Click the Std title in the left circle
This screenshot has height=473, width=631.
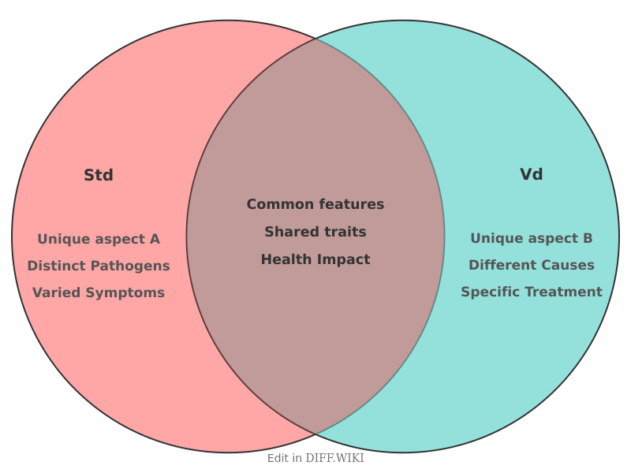click(x=99, y=175)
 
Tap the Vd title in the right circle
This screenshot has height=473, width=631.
click(x=531, y=174)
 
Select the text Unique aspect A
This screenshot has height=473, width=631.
click(x=99, y=239)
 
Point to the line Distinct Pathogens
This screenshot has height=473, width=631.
click(x=99, y=266)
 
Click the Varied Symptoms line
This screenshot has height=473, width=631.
click(x=99, y=292)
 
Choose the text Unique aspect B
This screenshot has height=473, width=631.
click(x=531, y=238)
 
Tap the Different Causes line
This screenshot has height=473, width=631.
click(x=531, y=265)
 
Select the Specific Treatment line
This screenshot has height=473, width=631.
click(x=531, y=292)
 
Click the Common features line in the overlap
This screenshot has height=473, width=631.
click(x=315, y=204)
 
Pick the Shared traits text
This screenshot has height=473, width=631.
click(x=315, y=232)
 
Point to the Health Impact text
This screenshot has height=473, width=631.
click(x=315, y=259)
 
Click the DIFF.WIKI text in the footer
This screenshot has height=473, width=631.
click(x=334, y=458)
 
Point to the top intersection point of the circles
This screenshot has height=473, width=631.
click(x=315, y=38)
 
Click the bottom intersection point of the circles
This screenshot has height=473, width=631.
click(x=315, y=434)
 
